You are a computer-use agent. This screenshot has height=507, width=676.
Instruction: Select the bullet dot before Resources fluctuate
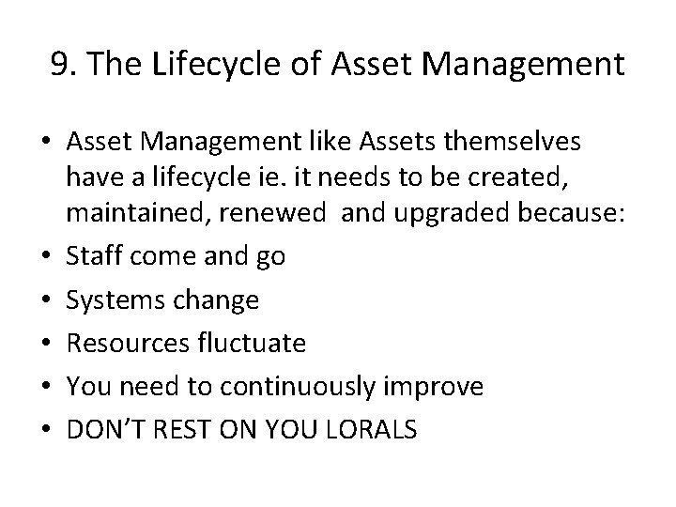click(44, 344)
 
